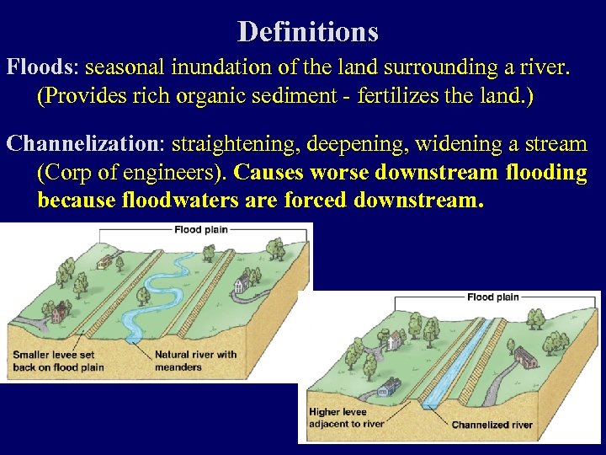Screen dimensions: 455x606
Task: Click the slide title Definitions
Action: [x=307, y=32]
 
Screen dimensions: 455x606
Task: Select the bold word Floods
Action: [x=41, y=67]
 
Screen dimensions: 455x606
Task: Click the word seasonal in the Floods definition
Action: [x=126, y=67]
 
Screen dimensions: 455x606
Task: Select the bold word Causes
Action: [x=269, y=174]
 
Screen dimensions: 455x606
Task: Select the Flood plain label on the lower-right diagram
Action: [x=492, y=297]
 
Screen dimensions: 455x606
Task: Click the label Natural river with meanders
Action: [x=196, y=360]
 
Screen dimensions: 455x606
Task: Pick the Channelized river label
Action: [x=492, y=425]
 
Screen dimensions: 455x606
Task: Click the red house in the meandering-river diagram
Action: [x=59, y=314]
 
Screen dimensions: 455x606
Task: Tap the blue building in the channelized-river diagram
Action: [x=390, y=388]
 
